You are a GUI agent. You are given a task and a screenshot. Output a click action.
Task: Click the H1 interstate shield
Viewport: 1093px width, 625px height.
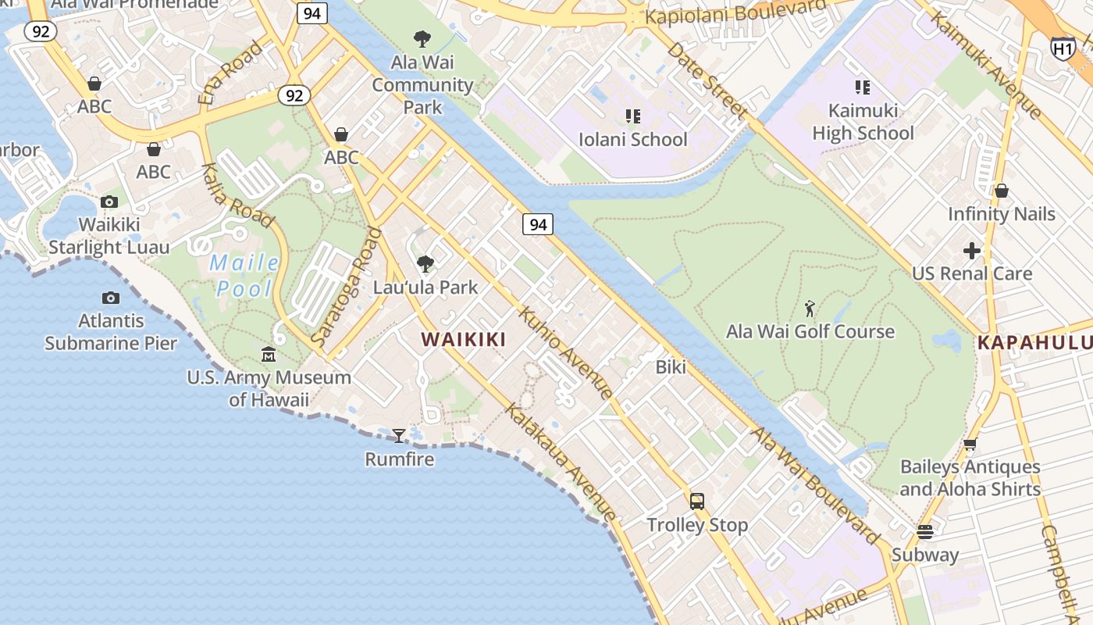coord(1063,49)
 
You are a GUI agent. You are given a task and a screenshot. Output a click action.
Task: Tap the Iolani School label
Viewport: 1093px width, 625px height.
coord(633,140)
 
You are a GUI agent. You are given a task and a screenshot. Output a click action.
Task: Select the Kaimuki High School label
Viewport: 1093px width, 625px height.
coord(863,122)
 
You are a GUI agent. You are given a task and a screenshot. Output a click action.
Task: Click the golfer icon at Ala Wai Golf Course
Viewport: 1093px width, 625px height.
coord(810,309)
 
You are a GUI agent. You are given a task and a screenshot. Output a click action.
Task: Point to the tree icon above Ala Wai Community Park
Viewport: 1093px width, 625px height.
coord(422,38)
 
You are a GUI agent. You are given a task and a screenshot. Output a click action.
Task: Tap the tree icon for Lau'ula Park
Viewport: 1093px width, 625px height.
coord(425,264)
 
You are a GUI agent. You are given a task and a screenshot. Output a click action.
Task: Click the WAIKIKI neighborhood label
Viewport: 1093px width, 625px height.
coord(464,340)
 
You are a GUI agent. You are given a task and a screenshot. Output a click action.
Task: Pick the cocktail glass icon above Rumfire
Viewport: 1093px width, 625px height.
coord(399,435)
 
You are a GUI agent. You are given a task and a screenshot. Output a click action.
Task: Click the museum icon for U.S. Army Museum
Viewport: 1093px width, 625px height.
coord(269,355)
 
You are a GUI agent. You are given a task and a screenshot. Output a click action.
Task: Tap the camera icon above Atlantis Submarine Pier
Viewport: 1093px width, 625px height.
coord(111,298)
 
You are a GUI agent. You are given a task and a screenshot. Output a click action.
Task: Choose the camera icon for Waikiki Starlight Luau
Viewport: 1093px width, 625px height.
coord(109,202)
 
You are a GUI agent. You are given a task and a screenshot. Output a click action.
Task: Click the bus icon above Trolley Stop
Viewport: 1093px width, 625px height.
coord(697,502)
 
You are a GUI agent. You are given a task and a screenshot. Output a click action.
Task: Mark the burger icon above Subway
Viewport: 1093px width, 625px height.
coord(925,532)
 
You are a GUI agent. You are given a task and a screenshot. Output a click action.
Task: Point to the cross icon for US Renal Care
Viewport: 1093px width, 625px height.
coord(972,251)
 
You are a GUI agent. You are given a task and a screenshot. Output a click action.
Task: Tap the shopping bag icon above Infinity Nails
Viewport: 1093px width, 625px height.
coord(1001,191)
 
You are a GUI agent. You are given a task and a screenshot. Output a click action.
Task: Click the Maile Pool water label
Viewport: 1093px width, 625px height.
coord(244,276)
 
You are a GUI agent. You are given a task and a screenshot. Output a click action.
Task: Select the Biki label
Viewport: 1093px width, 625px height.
coord(671,367)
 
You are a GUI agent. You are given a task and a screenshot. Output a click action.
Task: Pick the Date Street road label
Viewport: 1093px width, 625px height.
coord(707,80)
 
